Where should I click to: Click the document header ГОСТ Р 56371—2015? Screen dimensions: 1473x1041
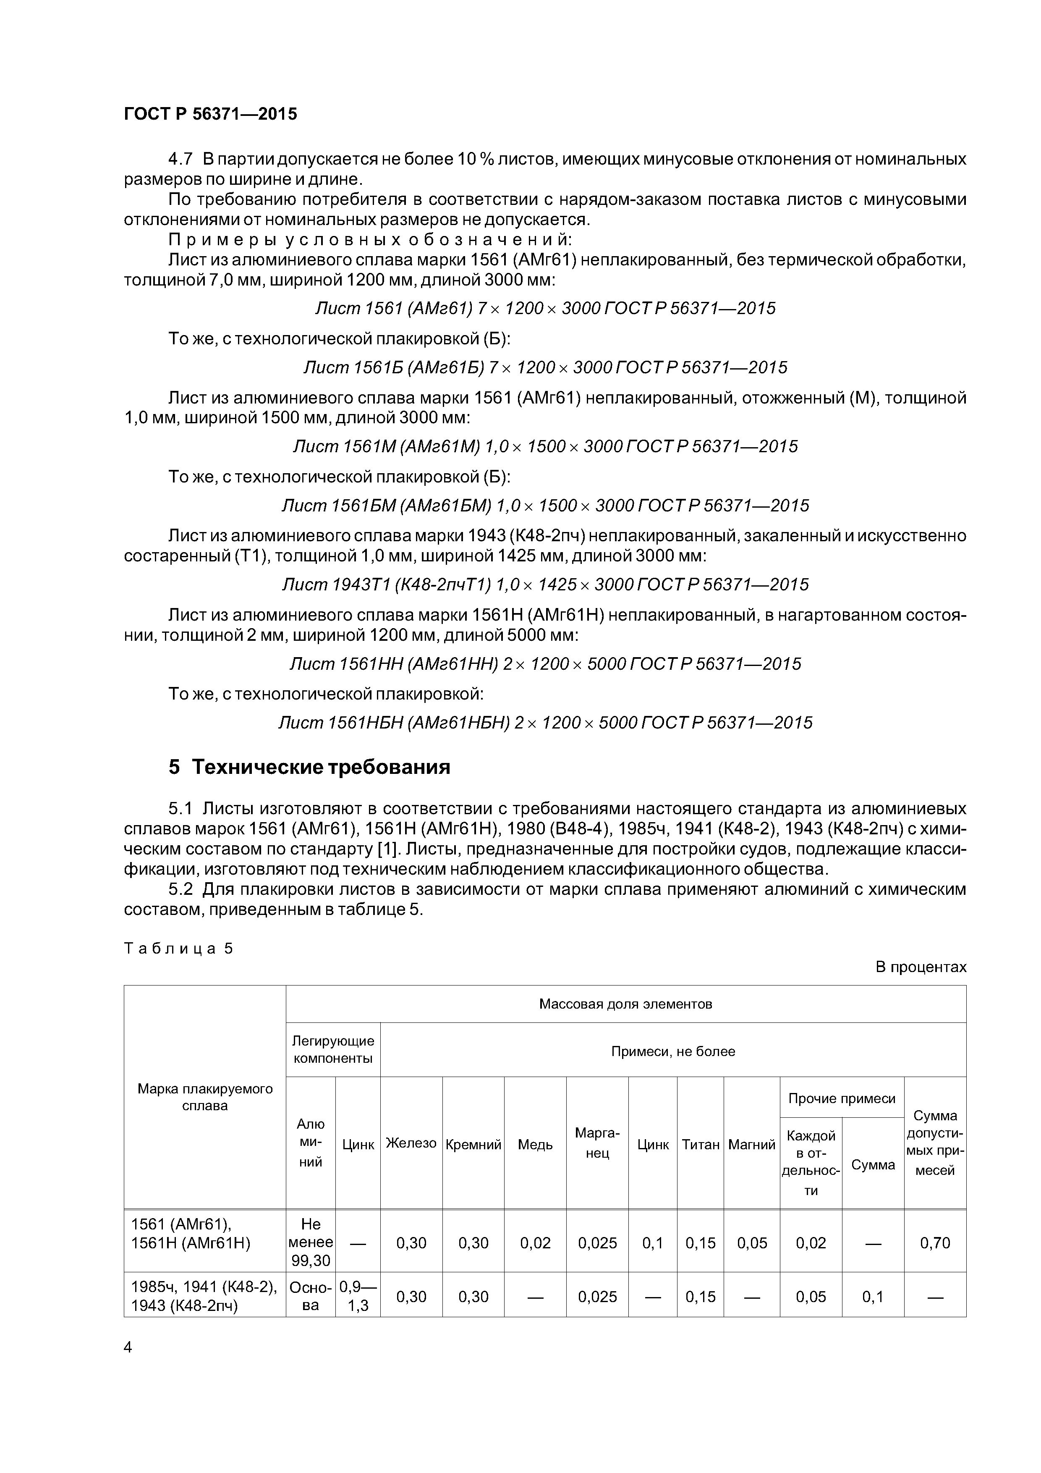[210, 114]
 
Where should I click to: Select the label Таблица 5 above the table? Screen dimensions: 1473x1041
[178, 949]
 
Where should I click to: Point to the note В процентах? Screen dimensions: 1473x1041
[921, 967]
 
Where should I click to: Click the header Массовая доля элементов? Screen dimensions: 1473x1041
[625, 1004]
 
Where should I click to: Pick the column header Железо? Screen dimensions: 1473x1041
[411, 1143]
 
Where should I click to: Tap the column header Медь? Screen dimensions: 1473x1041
[535, 1145]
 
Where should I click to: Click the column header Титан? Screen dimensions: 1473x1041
[701, 1145]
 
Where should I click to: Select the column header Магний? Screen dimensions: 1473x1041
[752, 1145]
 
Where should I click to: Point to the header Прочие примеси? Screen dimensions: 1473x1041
[842, 1098]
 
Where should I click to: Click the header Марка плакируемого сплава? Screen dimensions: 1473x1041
[204, 1097]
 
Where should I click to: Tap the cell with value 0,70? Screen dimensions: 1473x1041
[934, 1242]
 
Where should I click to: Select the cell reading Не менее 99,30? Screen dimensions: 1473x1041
[311, 1242]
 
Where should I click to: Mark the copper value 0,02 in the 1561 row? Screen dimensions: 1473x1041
[535, 1242]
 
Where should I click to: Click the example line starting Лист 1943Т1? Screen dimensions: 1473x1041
[545, 584]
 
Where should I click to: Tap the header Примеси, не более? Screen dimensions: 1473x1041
[673, 1051]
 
